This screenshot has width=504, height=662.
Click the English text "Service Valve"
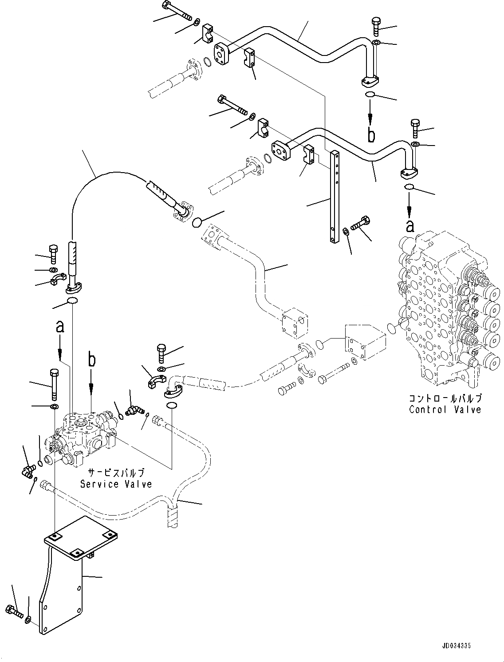point(116,484)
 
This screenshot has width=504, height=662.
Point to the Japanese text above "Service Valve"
point(116,473)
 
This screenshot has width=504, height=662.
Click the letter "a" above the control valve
point(410,226)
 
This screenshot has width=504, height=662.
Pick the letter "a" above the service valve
point(60,327)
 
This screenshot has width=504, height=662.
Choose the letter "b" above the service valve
point(91,360)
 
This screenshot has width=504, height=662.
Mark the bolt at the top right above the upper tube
point(375,26)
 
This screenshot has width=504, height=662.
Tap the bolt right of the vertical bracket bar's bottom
point(360,223)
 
